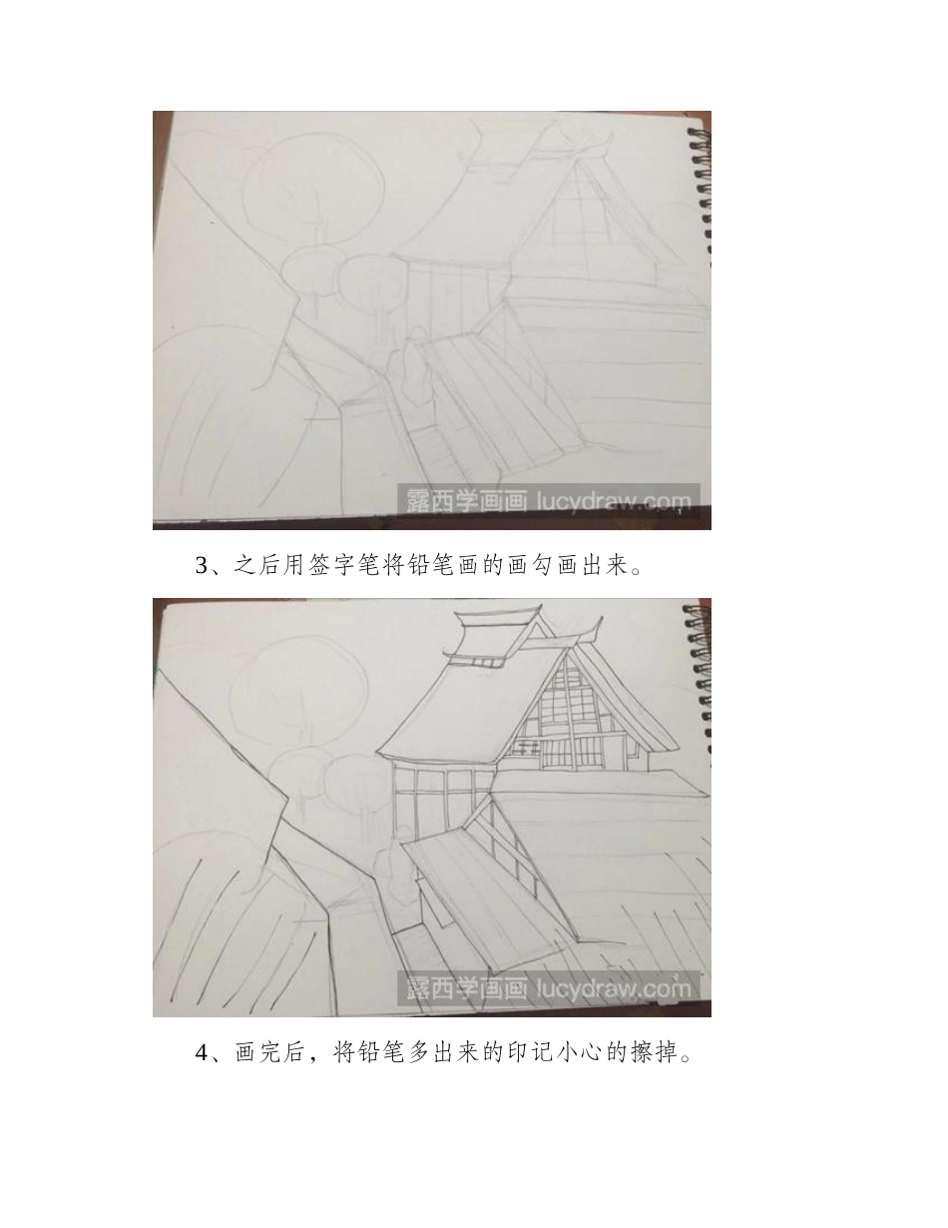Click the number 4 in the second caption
click(203, 1053)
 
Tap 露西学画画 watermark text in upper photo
click(466, 501)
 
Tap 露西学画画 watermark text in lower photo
click(466, 988)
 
